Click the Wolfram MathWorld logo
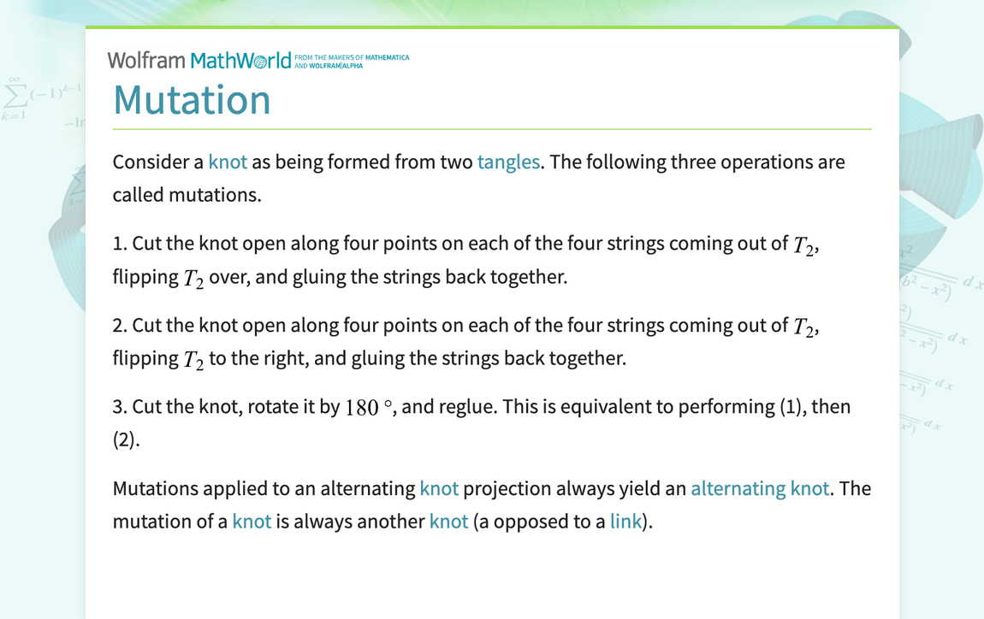click(199, 60)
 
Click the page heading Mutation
click(192, 99)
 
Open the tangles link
click(508, 162)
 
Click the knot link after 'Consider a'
click(228, 162)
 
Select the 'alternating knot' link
click(760, 489)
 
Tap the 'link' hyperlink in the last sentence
click(625, 522)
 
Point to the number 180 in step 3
click(362, 408)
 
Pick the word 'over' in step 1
click(226, 277)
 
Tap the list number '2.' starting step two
click(121, 326)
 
